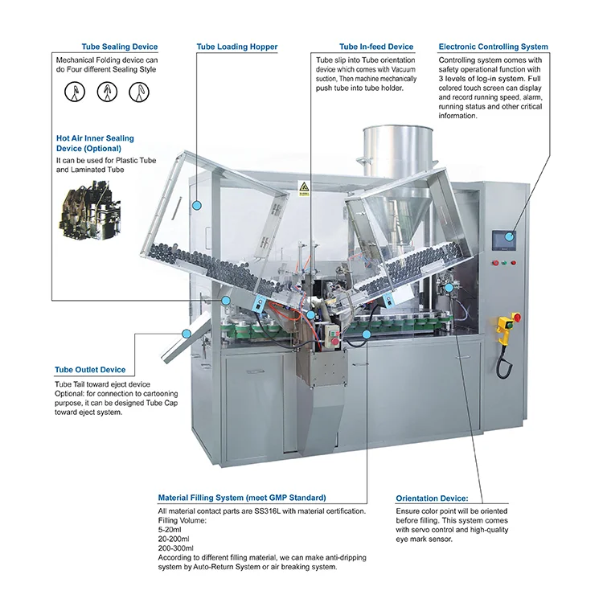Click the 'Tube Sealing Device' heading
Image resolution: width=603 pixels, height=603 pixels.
pyautogui.click(x=119, y=47)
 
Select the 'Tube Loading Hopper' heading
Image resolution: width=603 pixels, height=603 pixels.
pyautogui.click(x=236, y=47)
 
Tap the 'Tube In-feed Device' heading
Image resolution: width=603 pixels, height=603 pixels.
pyautogui.click(x=376, y=47)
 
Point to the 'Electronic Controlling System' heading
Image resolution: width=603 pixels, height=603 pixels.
pyautogui.click(x=493, y=47)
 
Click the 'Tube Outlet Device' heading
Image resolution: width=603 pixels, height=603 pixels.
pyautogui.click(x=90, y=370)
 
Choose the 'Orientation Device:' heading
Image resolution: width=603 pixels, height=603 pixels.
pyautogui.click(x=433, y=498)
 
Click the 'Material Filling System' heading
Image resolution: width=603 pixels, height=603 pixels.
pyautogui.click(x=242, y=498)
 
